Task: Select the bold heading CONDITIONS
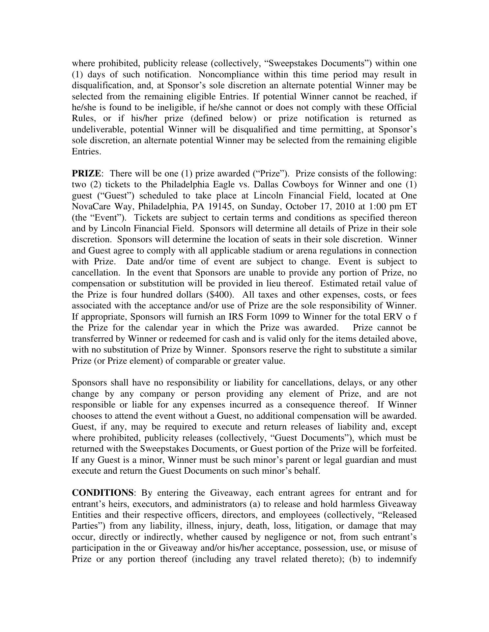tap(102, 493)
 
